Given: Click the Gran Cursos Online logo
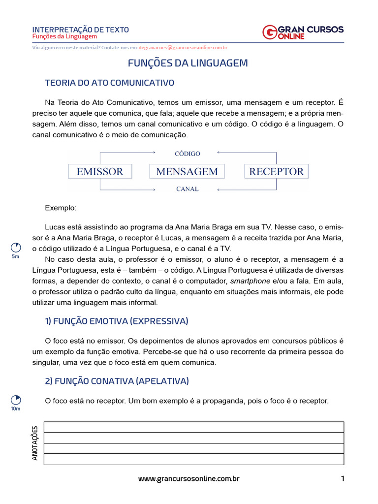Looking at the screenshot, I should [303, 32].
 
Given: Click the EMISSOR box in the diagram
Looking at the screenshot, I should [100, 171].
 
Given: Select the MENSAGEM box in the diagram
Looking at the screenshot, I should [187, 171].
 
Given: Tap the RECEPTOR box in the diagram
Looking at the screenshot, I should [277, 171].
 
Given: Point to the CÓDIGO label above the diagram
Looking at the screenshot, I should [188, 154].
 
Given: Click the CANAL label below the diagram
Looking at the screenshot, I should [188, 189].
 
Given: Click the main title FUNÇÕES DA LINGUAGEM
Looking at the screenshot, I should [188, 63].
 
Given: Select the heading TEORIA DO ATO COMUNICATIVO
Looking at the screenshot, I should [109, 83].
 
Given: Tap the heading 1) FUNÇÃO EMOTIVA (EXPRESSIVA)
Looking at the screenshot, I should [116, 321].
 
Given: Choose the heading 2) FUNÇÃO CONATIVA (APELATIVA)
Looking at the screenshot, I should [117, 381].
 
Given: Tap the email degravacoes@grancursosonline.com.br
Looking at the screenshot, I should [183, 48].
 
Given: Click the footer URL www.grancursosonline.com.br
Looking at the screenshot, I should [189, 478].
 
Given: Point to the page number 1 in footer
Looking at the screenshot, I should [342, 478].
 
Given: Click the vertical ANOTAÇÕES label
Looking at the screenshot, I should [35, 443].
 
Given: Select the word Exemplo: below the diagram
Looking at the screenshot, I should [61, 208].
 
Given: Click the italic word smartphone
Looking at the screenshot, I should [251, 281].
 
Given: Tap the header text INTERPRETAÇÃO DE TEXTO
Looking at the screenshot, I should [80, 30].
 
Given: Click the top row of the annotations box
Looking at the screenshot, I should [194, 427].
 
